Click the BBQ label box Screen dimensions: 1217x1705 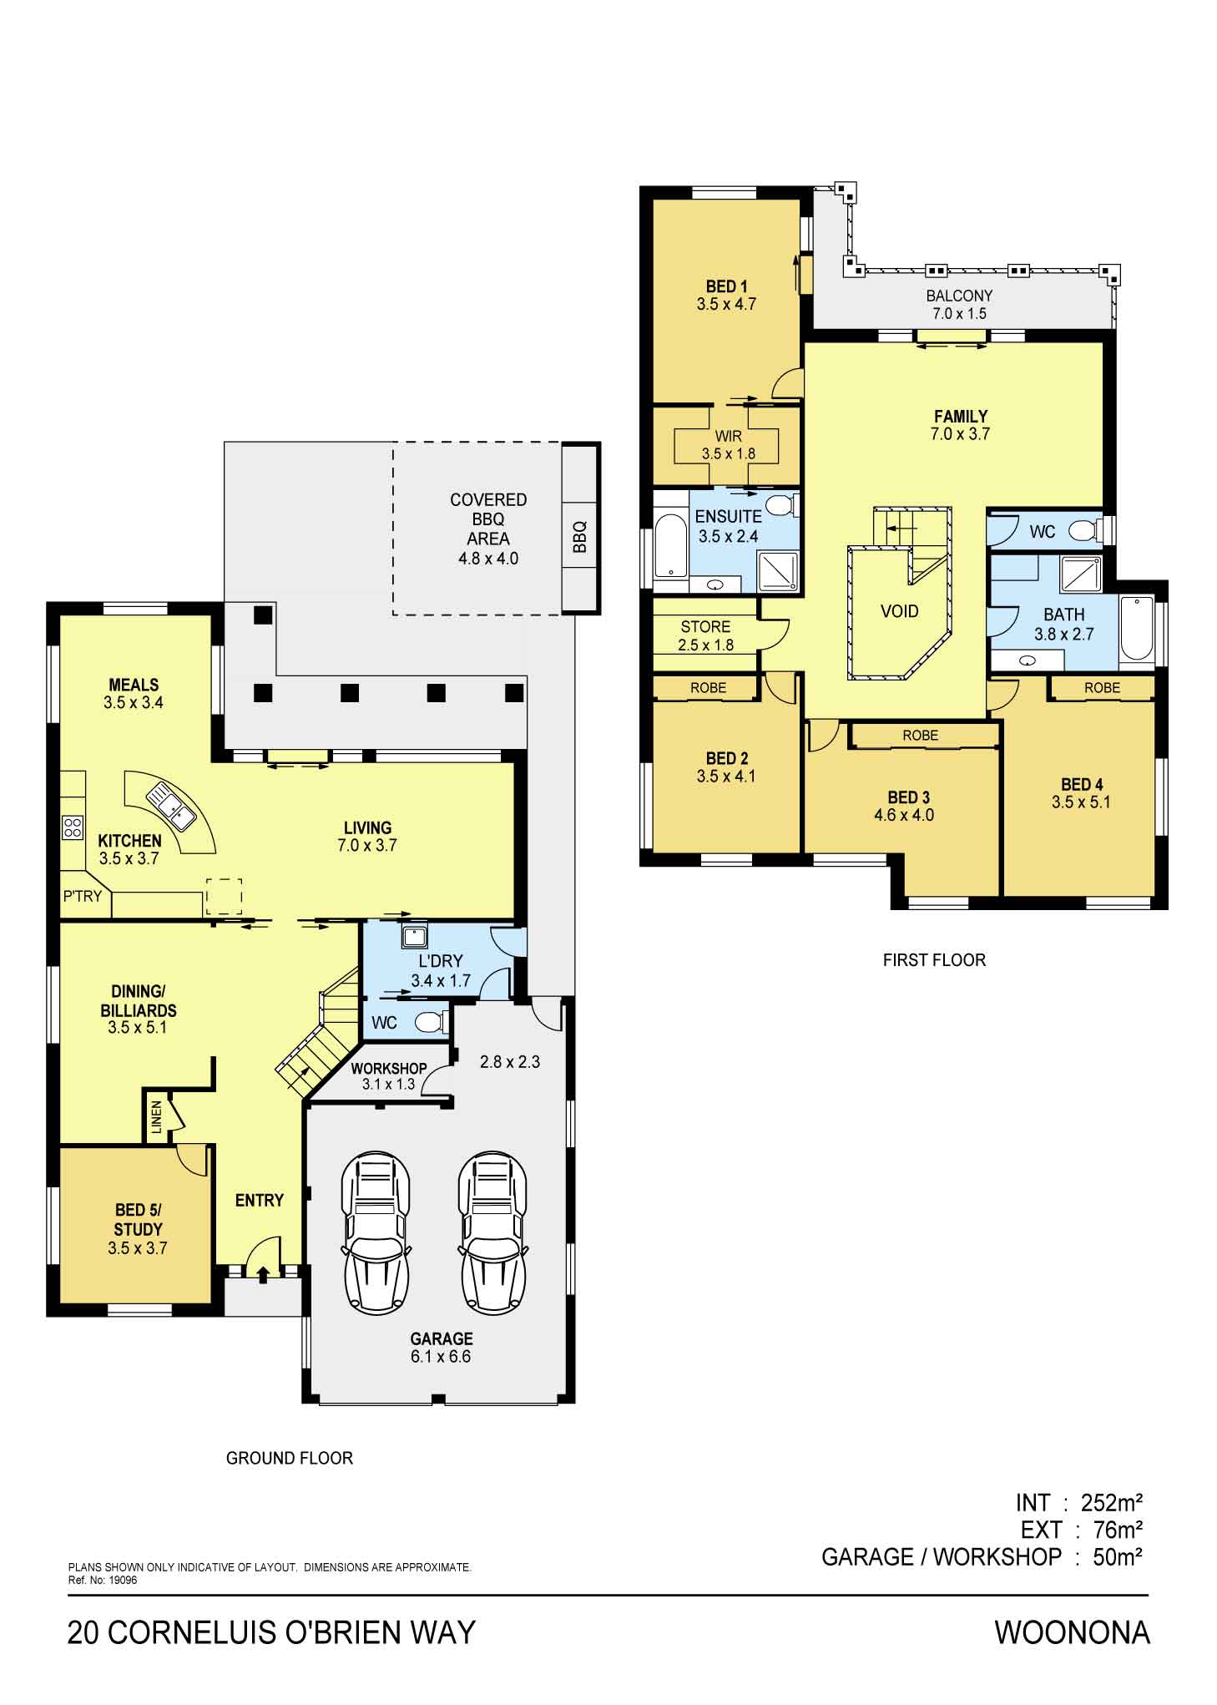pyautogui.click(x=580, y=537)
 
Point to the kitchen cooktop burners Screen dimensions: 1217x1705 pyautogui.click(x=73, y=827)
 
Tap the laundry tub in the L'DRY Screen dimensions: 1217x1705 pyautogui.click(x=415, y=936)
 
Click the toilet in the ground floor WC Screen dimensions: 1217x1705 pyautogui.click(x=432, y=1022)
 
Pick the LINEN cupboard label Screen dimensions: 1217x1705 pyautogui.click(x=157, y=1117)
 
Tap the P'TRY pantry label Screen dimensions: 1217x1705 pyautogui.click(x=83, y=896)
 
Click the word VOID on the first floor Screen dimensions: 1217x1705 pyautogui.click(x=899, y=611)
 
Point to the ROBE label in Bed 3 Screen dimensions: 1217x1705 pyautogui.click(x=921, y=736)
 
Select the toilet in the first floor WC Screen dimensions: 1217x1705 pyautogui.click(x=1088, y=530)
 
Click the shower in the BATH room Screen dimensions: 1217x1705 pyautogui.click(x=1081, y=573)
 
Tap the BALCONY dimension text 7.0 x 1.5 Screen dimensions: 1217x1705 pyautogui.click(x=959, y=314)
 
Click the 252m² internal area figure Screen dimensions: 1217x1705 pyautogui.click(x=1111, y=1503)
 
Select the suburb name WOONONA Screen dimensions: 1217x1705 pyautogui.click(x=1072, y=1632)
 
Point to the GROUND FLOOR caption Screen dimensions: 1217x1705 pyautogui.click(x=290, y=1458)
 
